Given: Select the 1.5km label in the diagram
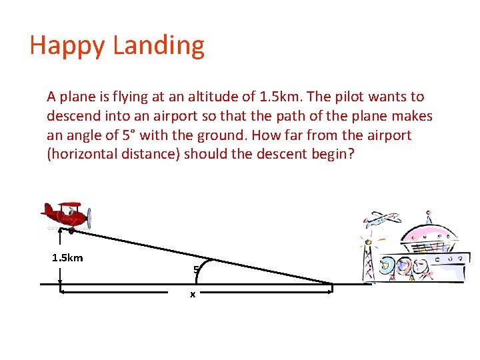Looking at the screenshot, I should click(67, 258).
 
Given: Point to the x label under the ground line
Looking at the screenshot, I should click(193, 294).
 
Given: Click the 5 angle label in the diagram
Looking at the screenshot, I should click(195, 270).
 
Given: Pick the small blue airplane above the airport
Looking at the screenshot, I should click(381, 219).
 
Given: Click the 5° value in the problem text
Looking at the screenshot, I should click(131, 135).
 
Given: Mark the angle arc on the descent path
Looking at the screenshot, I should click(199, 273).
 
